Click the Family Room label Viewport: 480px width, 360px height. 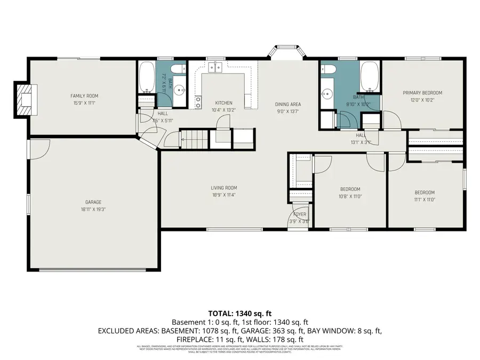point(84,96)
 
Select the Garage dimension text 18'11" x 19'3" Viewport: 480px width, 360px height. point(93,210)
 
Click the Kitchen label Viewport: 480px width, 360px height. point(223,103)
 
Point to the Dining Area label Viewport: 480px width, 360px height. point(288,105)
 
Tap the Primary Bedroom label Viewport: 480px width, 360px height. point(422,93)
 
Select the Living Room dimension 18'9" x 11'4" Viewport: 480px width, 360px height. point(223,195)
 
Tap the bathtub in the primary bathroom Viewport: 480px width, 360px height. point(369,76)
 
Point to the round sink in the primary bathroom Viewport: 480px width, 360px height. point(325,93)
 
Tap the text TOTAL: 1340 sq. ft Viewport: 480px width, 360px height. point(239,313)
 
